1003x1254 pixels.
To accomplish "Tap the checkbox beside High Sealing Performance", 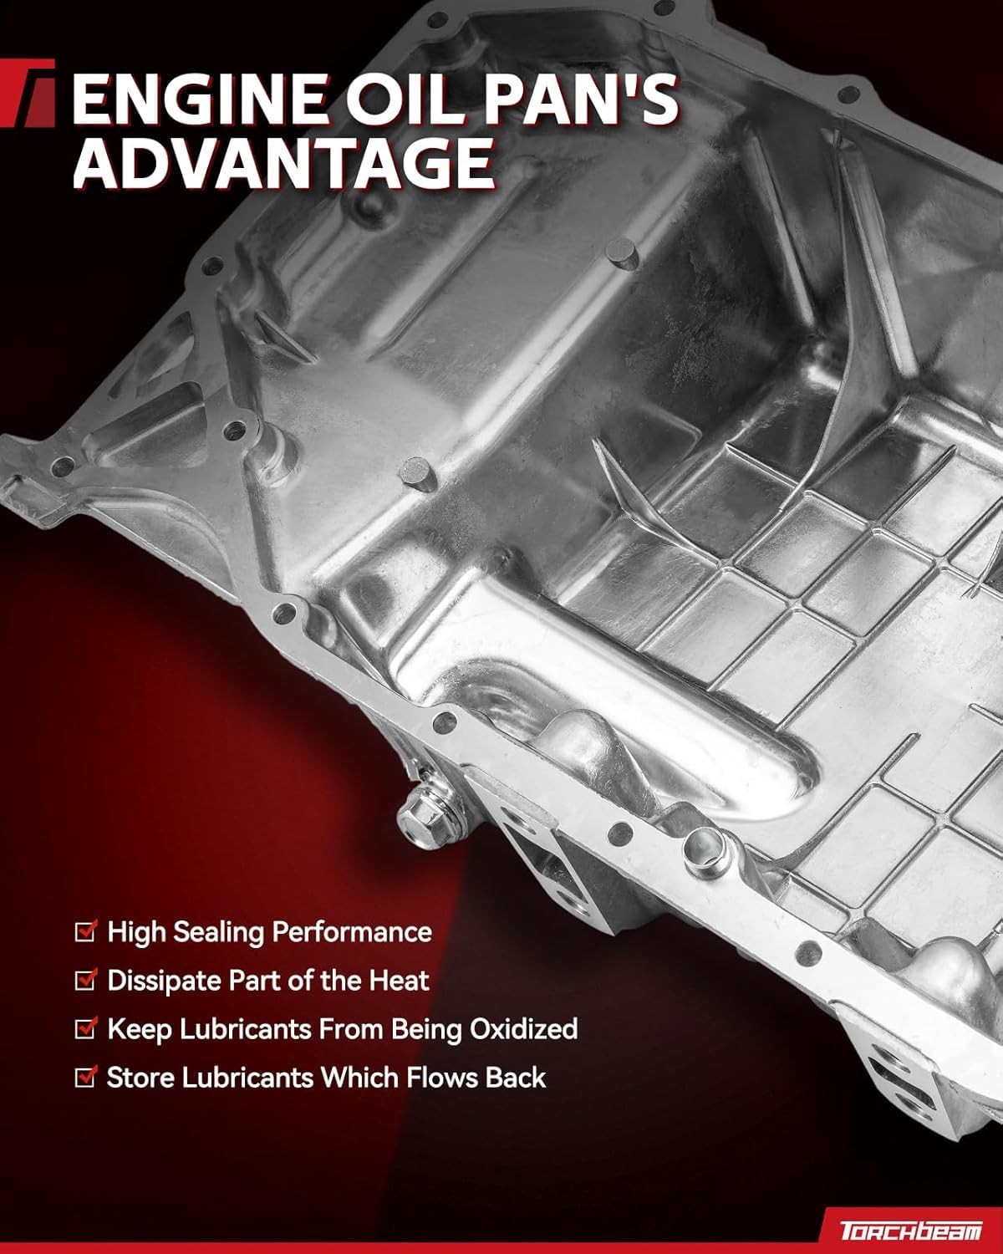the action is [x=85, y=931].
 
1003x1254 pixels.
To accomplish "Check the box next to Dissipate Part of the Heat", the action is [x=85, y=980].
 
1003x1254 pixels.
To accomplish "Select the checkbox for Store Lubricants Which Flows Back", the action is [x=85, y=1077].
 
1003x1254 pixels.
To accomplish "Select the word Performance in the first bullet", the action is [x=352, y=932].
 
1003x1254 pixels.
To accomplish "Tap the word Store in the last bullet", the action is [x=140, y=1078].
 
